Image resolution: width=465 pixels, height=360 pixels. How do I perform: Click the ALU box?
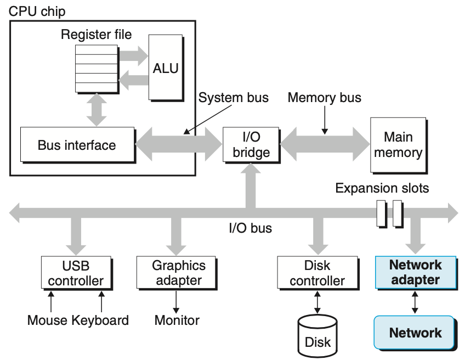166,69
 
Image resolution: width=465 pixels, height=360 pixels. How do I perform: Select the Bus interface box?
77,145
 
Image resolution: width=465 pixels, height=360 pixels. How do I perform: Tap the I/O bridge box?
251,144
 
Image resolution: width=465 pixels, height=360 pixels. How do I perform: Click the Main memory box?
399,145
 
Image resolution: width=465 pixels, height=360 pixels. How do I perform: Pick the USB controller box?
75,273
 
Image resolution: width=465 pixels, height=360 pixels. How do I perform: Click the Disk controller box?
317,273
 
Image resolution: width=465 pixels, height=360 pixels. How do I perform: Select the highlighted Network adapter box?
415,272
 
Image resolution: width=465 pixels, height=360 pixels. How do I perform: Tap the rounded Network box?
415,333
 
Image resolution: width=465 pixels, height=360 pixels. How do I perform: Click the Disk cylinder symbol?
318,335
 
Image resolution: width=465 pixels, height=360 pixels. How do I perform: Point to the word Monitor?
177,320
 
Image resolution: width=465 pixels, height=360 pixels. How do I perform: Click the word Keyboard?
100,320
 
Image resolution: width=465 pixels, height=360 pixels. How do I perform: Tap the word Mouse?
47,320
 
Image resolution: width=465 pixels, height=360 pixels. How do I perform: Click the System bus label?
234,98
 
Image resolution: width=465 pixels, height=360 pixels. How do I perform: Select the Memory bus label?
325,98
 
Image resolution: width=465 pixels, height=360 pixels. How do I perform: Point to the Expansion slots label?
382,188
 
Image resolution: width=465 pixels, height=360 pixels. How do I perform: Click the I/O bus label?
250,227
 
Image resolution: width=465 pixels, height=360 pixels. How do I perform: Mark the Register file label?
97,35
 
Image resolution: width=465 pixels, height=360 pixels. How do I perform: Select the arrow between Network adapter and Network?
415,302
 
